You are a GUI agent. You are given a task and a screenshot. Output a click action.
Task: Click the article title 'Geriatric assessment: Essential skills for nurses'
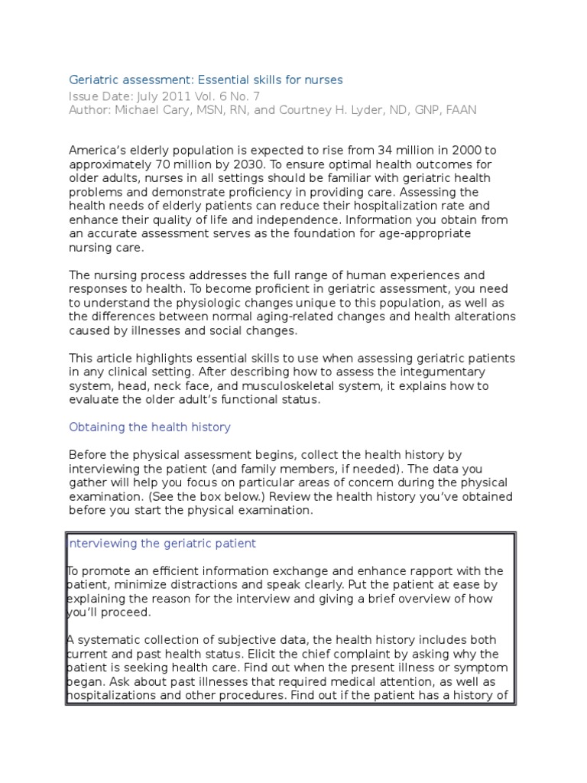(x=206, y=80)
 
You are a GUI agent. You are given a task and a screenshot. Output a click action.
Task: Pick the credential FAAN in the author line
(x=461, y=109)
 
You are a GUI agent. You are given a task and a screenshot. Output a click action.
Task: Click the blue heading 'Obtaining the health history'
(x=150, y=427)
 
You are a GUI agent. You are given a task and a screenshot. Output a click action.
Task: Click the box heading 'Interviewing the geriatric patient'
(x=162, y=544)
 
